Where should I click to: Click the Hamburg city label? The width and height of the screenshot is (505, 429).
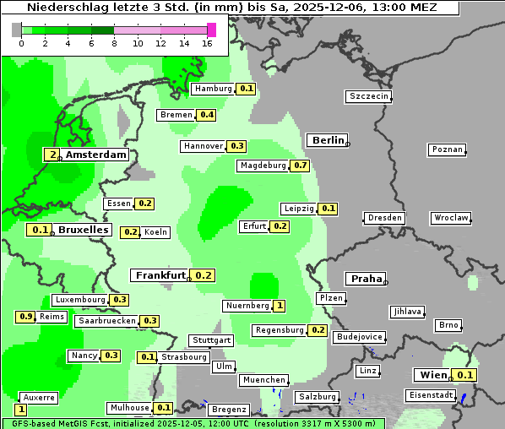tap(213, 89)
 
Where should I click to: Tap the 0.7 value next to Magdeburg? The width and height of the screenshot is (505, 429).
tap(301, 166)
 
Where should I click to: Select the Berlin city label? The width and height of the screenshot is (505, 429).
tap(328, 140)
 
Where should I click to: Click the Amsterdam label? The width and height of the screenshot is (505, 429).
tap(95, 155)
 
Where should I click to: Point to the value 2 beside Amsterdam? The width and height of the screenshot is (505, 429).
tap(52, 155)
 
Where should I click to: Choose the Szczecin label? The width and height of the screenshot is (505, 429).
tap(369, 96)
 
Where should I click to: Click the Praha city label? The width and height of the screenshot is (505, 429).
tap(367, 279)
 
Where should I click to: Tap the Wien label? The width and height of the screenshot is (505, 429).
tap(432, 375)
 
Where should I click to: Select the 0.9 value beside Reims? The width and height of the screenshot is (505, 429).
tap(25, 317)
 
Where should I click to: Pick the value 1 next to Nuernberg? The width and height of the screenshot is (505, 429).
tap(280, 306)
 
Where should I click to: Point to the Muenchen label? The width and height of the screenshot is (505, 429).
tap(264, 381)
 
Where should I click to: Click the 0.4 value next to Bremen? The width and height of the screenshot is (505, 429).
tap(206, 115)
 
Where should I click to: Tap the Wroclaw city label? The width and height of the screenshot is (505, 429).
tap(451, 218)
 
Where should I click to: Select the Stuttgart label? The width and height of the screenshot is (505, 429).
tap(211, 340)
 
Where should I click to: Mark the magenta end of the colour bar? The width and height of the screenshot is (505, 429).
tap(211, 30)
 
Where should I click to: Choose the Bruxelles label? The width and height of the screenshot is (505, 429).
tap(83, 230)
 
